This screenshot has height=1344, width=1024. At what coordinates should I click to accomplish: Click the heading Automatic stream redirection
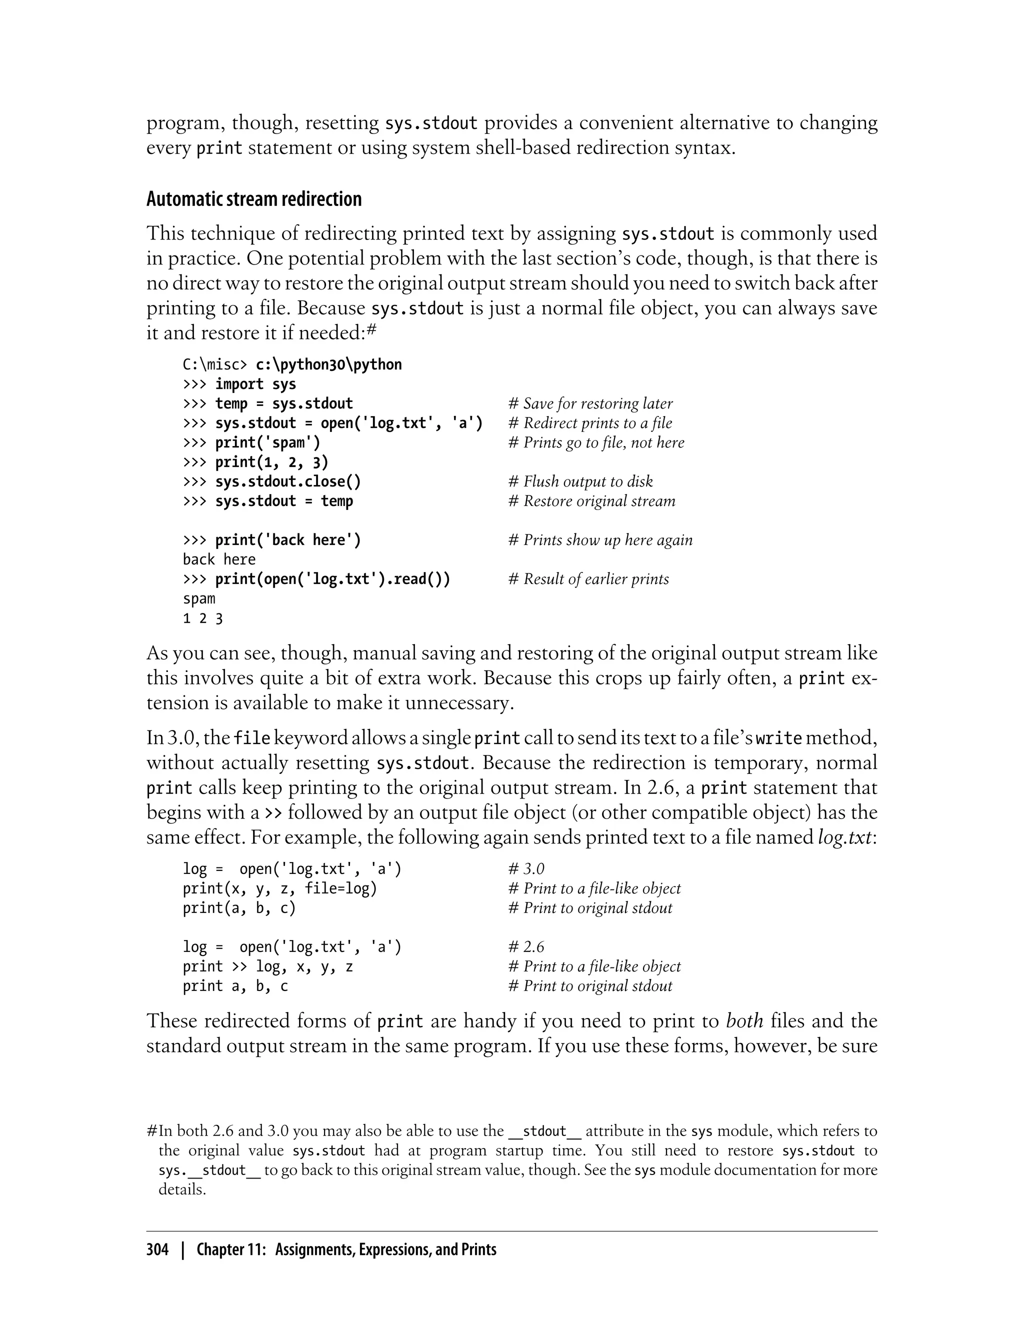tap(253, 199)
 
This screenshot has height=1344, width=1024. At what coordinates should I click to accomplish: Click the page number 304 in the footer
tap(157, 1249)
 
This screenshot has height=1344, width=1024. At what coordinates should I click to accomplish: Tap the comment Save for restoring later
tap(590, 403)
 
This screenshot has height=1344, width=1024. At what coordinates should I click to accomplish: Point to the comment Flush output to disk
tap(580, 481)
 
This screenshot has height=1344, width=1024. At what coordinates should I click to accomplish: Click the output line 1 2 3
tap(202, 618)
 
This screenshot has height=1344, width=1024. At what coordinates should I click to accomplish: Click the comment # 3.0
tap(526, 868)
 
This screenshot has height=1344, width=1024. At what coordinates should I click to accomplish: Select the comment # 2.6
tap(526, 946)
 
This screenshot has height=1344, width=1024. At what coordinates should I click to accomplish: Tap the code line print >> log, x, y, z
tap(267, 966)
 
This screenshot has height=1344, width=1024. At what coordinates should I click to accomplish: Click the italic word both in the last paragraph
tap(744, 1020)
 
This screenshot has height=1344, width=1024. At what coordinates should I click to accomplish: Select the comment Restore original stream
tap(592, 501)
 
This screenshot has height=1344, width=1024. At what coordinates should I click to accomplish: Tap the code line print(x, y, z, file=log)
tap(280, 888)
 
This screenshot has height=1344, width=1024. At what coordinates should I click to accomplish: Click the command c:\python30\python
tap(328, 364)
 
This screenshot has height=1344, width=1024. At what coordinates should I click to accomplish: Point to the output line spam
tap(198, 598)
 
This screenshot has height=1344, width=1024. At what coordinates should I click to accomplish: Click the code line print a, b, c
tap(235, 985)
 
